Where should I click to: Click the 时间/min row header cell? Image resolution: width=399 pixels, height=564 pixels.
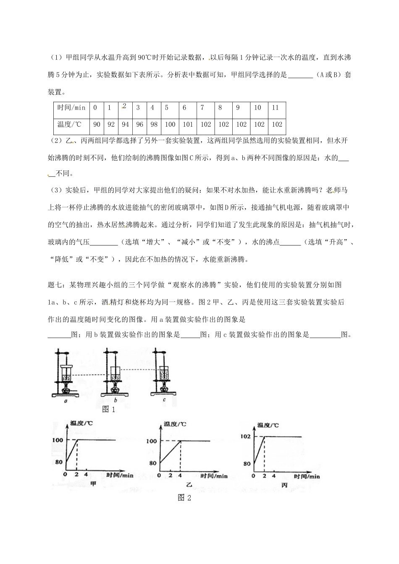click(71, 108)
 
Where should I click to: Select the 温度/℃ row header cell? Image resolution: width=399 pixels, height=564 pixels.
click(71, 124)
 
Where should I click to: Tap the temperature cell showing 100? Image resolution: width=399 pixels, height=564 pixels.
click(170, 124)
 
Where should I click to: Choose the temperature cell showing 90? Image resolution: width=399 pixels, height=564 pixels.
click(97, 124)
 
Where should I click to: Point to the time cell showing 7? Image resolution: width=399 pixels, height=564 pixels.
click(202, 108)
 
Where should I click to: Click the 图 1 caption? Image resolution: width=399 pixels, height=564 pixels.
click(109, 409)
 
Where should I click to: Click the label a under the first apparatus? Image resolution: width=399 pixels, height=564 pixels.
click(66, 401)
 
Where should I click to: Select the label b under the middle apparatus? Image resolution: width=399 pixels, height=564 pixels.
click(115, 401)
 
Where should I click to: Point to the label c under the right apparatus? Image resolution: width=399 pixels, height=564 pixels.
click(164, 400)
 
